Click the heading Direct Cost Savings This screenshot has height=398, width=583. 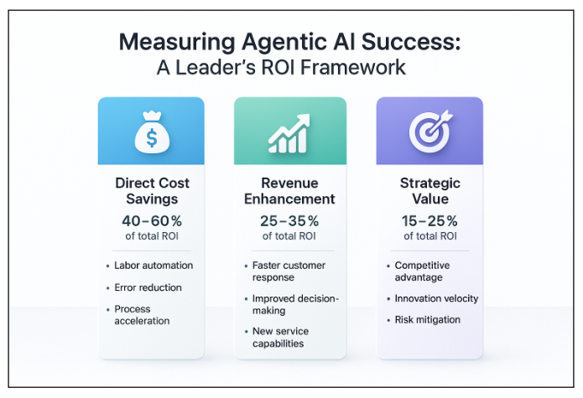151,191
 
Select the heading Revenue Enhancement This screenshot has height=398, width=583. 289,191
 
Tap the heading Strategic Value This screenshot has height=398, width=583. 429,191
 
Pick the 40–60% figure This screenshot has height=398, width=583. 151,221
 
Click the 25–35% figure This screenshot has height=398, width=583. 289,221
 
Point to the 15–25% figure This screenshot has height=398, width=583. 429,221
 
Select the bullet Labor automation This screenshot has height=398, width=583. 154,266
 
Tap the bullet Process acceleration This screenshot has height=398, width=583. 143,315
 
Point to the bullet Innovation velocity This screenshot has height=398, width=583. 437,298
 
